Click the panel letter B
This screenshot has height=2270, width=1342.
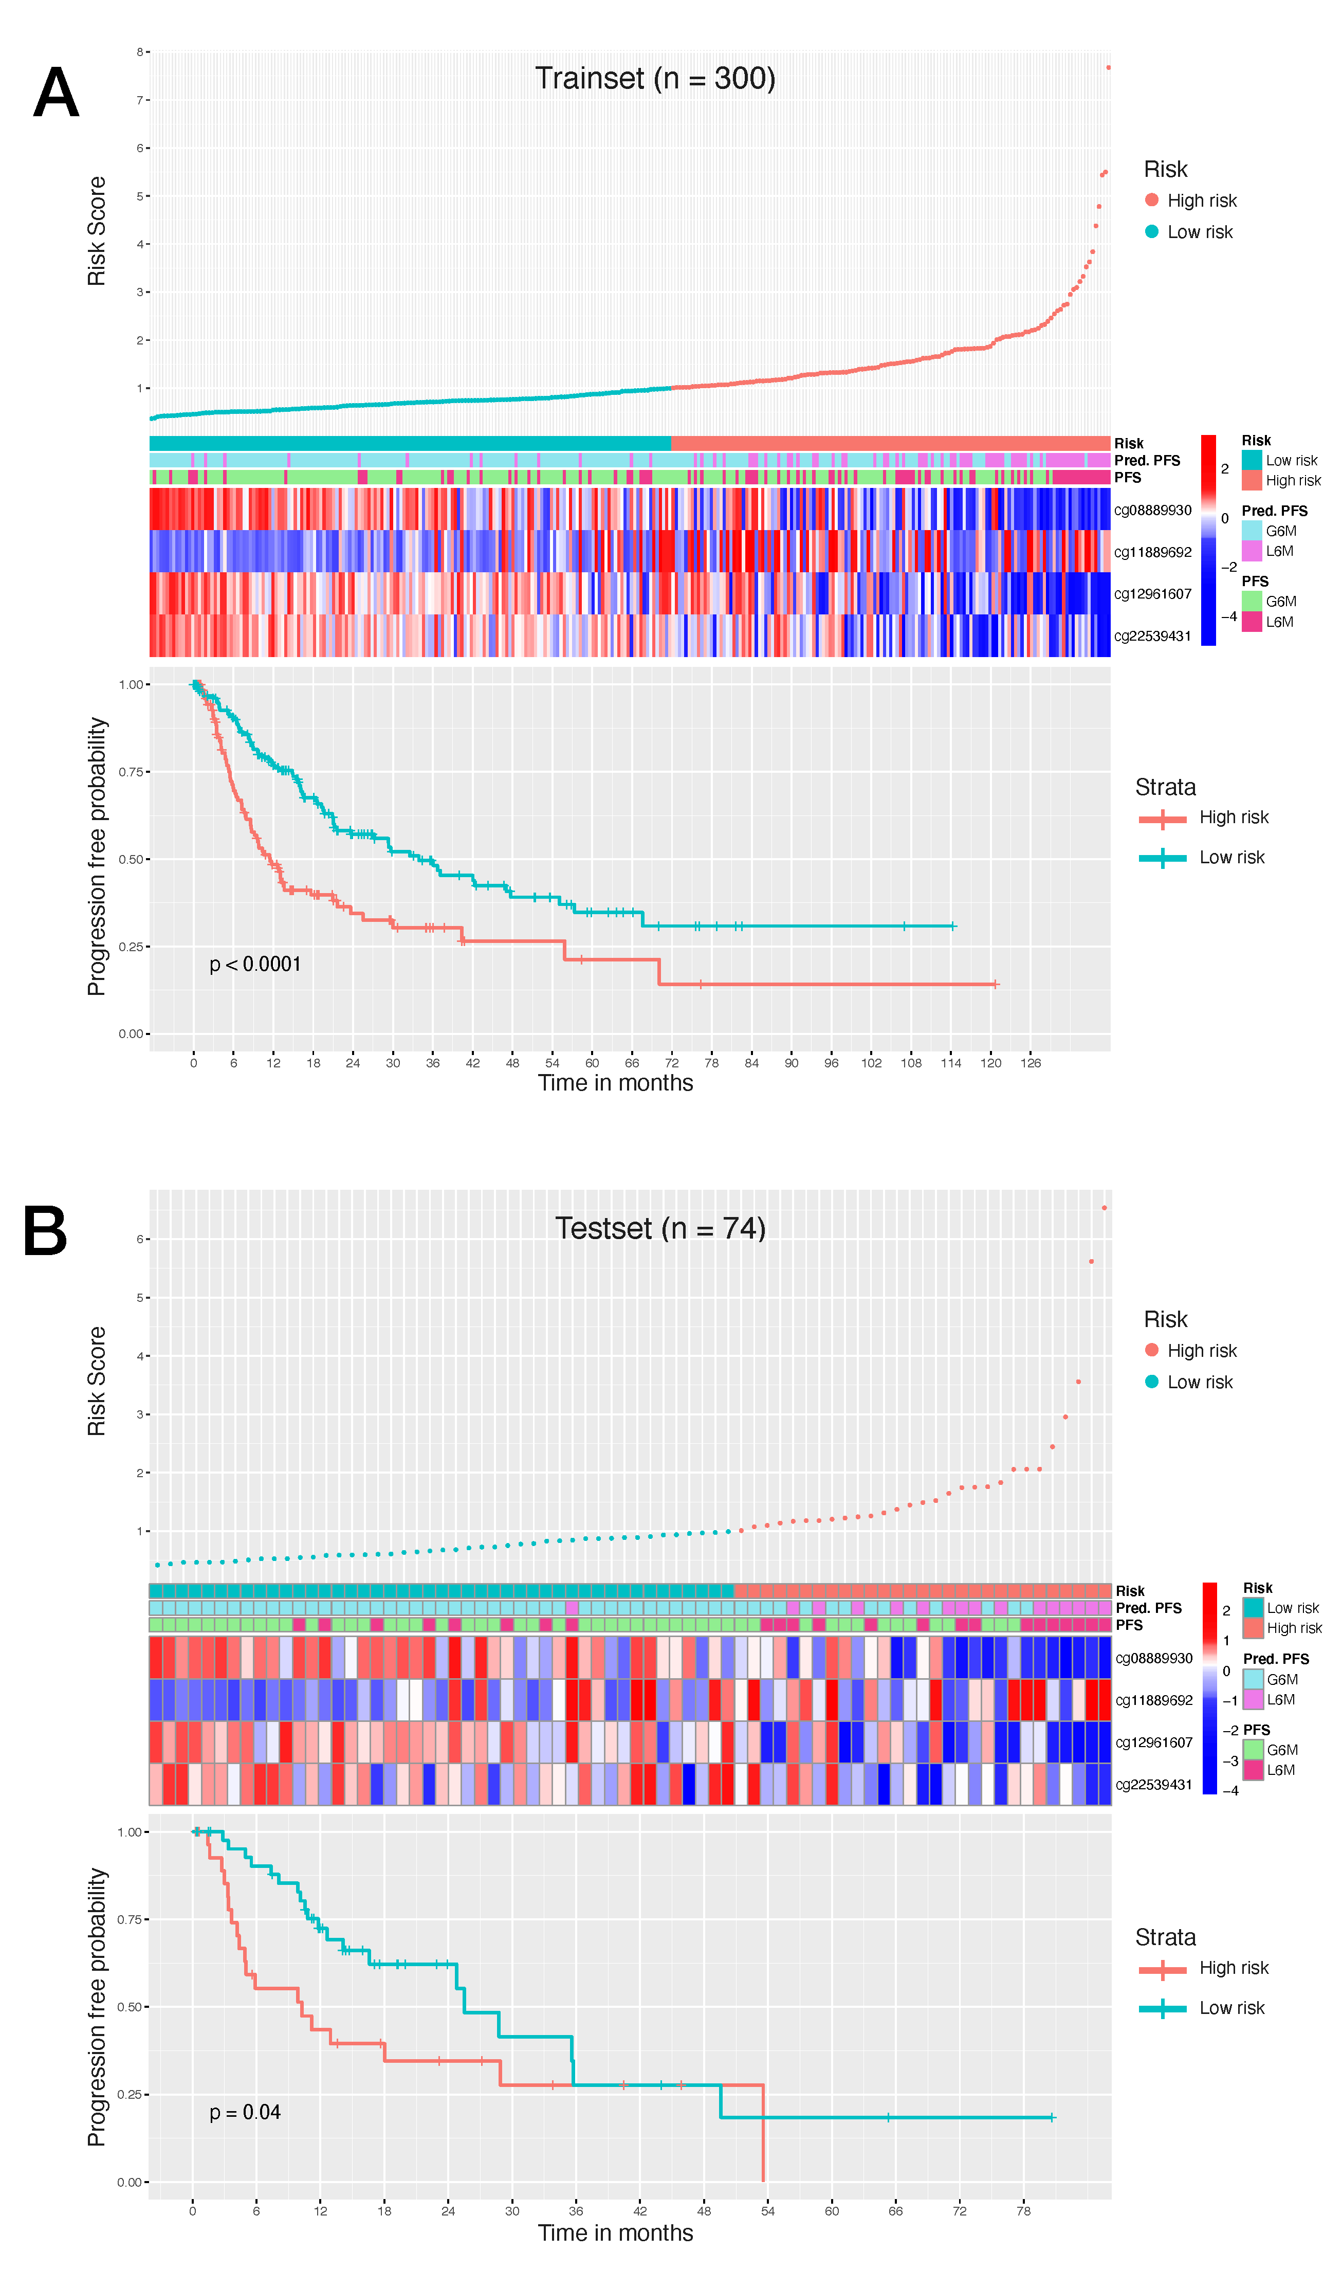(45, 1232)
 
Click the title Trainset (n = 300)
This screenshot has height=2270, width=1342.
(655, 79)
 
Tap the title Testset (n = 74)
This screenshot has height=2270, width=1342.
(660, 1228)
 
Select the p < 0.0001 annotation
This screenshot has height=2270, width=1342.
(255, 964)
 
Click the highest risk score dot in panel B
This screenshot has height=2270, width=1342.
(1104, 1208)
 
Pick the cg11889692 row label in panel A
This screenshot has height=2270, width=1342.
(1152, 552)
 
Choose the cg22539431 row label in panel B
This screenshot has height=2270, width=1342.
(1154, 1784)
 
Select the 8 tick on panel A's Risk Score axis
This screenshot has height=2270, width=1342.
(140, 52)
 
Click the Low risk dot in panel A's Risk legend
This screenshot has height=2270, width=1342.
(1151, 231)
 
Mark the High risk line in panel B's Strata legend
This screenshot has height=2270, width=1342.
(1162, 1969)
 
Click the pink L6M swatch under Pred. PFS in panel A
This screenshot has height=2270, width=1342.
(1252, 551)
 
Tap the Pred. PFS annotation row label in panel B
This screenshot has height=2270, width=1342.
(1148, 1607)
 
